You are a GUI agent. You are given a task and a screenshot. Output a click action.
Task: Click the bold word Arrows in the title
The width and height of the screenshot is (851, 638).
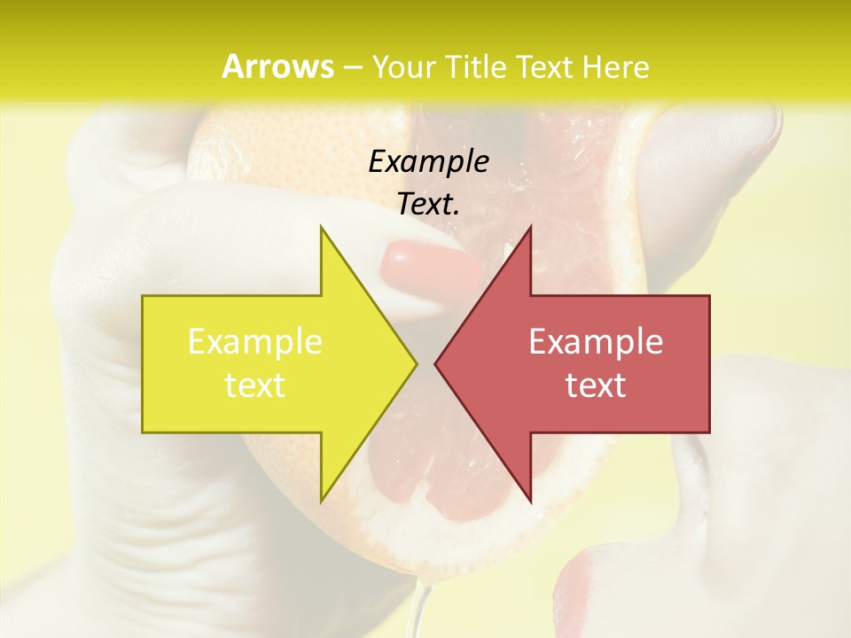click(277, 66)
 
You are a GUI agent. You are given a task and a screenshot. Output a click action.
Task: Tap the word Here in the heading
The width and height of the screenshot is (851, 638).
click(616, 67)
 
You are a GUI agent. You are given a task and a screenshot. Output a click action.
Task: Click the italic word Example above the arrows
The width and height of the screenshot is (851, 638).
click(428, 161)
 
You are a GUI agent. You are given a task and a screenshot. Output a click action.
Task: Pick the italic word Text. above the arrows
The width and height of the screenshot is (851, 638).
click(428, 204)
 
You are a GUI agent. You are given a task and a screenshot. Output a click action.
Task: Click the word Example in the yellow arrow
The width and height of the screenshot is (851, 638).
click(255, 342)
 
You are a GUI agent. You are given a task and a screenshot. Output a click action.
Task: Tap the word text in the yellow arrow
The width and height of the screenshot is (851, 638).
click(255, 385)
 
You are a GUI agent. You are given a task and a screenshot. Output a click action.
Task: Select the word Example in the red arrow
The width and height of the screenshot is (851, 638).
click(596, 342)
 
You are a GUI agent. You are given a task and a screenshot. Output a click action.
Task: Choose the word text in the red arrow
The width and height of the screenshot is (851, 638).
click(596, 385)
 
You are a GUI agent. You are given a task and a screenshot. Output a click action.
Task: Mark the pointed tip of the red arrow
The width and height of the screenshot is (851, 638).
click(436, 363)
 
